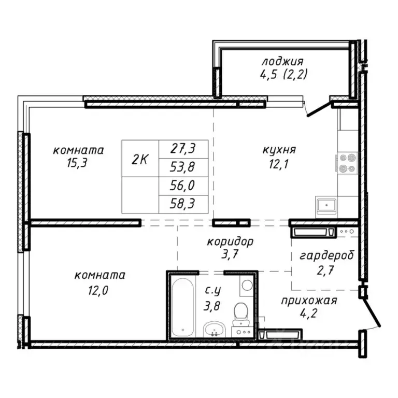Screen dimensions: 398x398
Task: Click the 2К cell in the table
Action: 140,159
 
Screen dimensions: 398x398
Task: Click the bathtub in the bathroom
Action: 182,307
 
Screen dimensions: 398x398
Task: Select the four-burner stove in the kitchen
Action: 347,163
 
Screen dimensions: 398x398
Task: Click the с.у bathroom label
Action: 211,292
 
